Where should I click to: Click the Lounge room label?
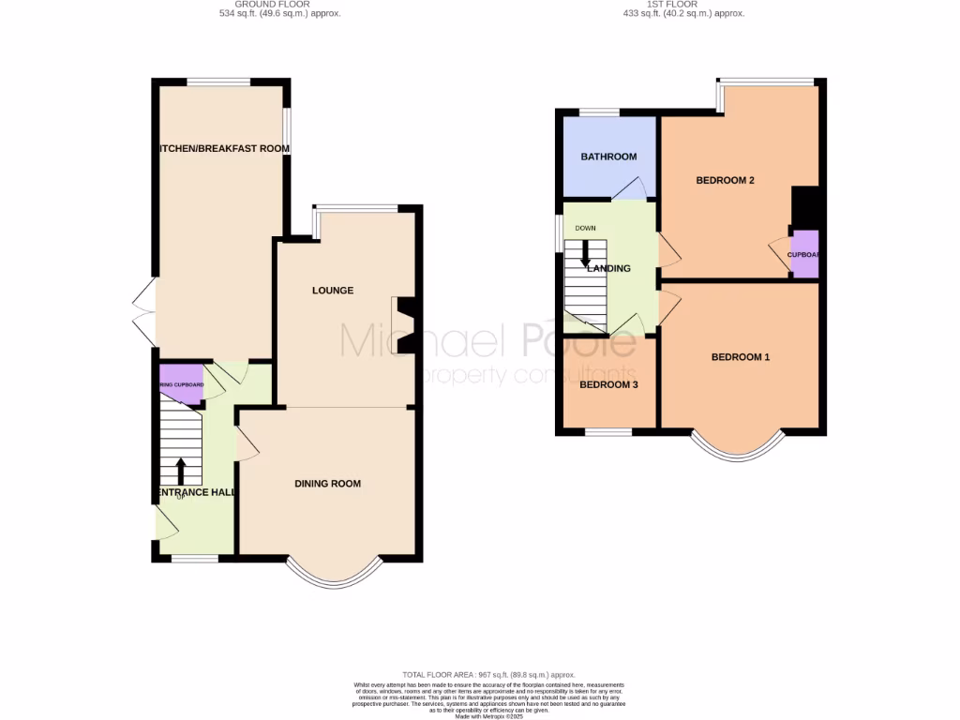(x=333, y=291)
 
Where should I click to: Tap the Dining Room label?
(x=327, y=484)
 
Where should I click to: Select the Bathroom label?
(x=608, y=157)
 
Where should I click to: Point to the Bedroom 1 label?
(x=740, y=357)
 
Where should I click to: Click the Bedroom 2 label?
(x=725, y=181)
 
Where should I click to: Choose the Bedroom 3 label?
(x=608, y=384)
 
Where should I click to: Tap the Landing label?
(x=608, y=268)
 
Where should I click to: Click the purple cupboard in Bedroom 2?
(x=804, y=254)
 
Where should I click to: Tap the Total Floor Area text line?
(x=487, y=674)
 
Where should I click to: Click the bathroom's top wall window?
(x=599, y=112)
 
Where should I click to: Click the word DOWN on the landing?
(x=586, y=228)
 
